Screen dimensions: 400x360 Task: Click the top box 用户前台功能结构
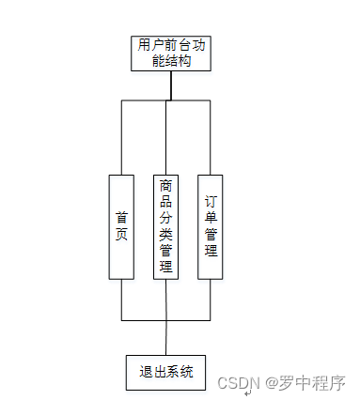click(170, 54)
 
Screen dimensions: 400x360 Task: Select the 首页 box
click(121, 226)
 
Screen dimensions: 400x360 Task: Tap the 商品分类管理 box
click(166, 226)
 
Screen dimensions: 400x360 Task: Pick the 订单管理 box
click(211, 226)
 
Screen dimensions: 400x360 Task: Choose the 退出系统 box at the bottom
click(166, 372)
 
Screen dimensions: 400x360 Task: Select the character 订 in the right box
click(211, 202)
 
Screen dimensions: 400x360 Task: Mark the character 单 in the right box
click(211, 218)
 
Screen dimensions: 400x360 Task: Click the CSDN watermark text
click(238, 383)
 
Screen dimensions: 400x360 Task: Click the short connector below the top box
click(170, 85)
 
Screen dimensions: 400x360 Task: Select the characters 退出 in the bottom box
click(150, 372)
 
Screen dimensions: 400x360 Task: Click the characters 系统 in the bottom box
click(181, 372)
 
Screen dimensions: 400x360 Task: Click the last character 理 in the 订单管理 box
click(211, 251)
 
